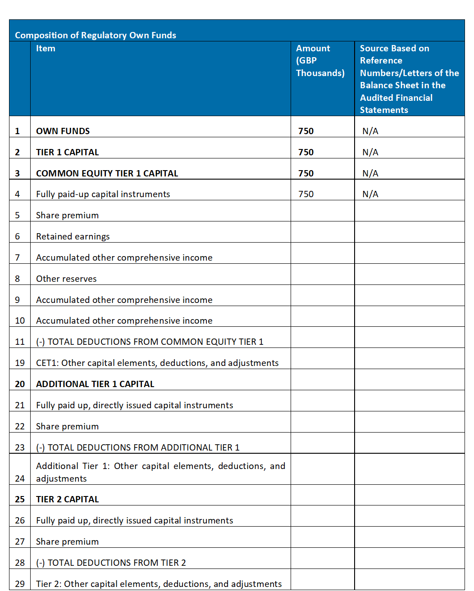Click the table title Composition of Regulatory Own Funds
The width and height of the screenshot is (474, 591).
coord(96,35)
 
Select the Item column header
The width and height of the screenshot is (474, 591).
coord(46,49)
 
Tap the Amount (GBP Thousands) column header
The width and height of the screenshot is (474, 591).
coord(320,60)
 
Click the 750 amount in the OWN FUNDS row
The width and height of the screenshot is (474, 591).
coord(306,131)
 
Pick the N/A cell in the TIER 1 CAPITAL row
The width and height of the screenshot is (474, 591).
coord(370,152)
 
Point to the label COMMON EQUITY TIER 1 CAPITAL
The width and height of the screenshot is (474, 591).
coord(107,173)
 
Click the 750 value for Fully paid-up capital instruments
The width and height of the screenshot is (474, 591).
coord(306,194)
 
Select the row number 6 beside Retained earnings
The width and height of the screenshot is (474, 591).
coord(18,236)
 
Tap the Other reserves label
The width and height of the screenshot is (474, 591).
coord(66,279)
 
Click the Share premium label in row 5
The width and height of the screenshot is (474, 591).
coord(67,215)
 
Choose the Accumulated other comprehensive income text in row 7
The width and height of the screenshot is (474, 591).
coord(124,257)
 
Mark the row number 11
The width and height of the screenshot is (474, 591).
coord(20,342)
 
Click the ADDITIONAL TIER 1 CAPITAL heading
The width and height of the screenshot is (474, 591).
coord(95,384)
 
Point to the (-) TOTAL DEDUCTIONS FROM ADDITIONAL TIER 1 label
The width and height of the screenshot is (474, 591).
coord(137,447)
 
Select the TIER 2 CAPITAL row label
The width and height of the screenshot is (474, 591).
coord(67,499)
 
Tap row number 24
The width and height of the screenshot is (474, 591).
coord(20,478)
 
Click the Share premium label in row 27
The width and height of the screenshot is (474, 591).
coord(67,541)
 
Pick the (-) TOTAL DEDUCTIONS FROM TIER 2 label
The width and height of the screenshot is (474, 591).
coord(111,563)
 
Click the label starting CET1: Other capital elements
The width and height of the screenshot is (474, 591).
coord(157,363)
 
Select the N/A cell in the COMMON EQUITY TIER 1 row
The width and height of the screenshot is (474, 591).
coord(370,173)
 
